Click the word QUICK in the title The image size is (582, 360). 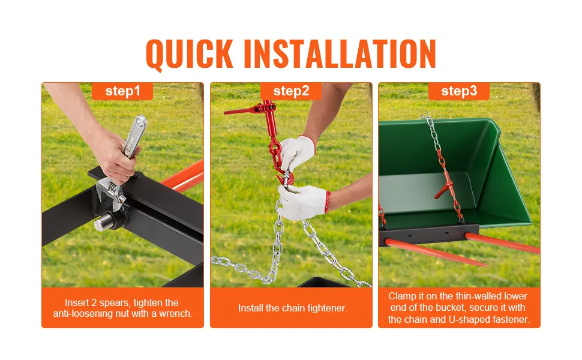(x=190, y=55)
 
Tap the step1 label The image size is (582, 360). (x=123, y=91)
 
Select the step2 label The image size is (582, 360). (x=291, y=91)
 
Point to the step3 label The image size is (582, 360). (x=459, y=91)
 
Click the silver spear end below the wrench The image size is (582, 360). (x=101, y=223)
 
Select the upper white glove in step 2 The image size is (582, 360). (x=298, y=152)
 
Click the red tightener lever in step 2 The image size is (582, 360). (x=245, y=110)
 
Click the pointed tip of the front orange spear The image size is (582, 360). (x=485, y=265)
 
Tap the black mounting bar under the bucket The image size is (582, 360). (x=429, y=235)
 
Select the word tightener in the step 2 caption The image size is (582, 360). (x=328, y=308)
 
